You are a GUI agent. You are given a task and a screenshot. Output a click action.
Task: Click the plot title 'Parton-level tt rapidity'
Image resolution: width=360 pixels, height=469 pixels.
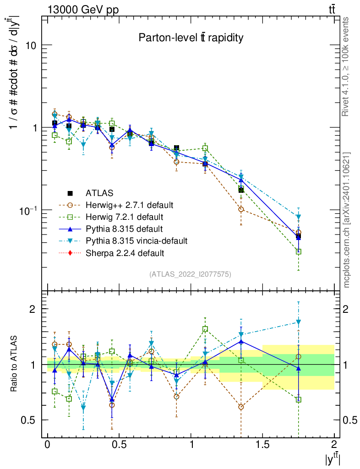pos(191,38)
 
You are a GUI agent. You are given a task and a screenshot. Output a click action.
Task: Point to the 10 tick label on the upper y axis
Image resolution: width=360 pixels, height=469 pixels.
pos(31,45)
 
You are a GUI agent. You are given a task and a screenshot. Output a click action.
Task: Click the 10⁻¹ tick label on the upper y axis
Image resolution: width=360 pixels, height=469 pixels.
pos(28,210)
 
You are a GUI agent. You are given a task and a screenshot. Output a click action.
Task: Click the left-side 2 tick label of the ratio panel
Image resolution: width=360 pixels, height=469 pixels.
pos(32,309)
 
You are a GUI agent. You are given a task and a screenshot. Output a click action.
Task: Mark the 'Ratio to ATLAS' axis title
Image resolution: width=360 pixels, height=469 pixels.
pos(15,364)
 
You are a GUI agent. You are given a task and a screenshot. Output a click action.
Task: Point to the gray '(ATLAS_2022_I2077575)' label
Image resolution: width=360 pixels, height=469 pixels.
pos(190,274)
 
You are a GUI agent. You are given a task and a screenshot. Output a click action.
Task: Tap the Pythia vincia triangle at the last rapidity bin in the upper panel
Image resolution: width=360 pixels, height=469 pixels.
pos(299,217)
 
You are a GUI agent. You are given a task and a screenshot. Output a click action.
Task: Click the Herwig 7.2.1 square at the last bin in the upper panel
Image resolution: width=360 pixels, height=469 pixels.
pos(299,251)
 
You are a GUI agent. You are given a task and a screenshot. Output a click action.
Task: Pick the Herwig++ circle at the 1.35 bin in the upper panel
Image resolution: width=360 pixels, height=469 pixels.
pos(241,209)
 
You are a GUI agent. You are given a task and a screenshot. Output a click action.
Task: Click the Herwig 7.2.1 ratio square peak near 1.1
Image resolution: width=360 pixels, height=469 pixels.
pos(205,329)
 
